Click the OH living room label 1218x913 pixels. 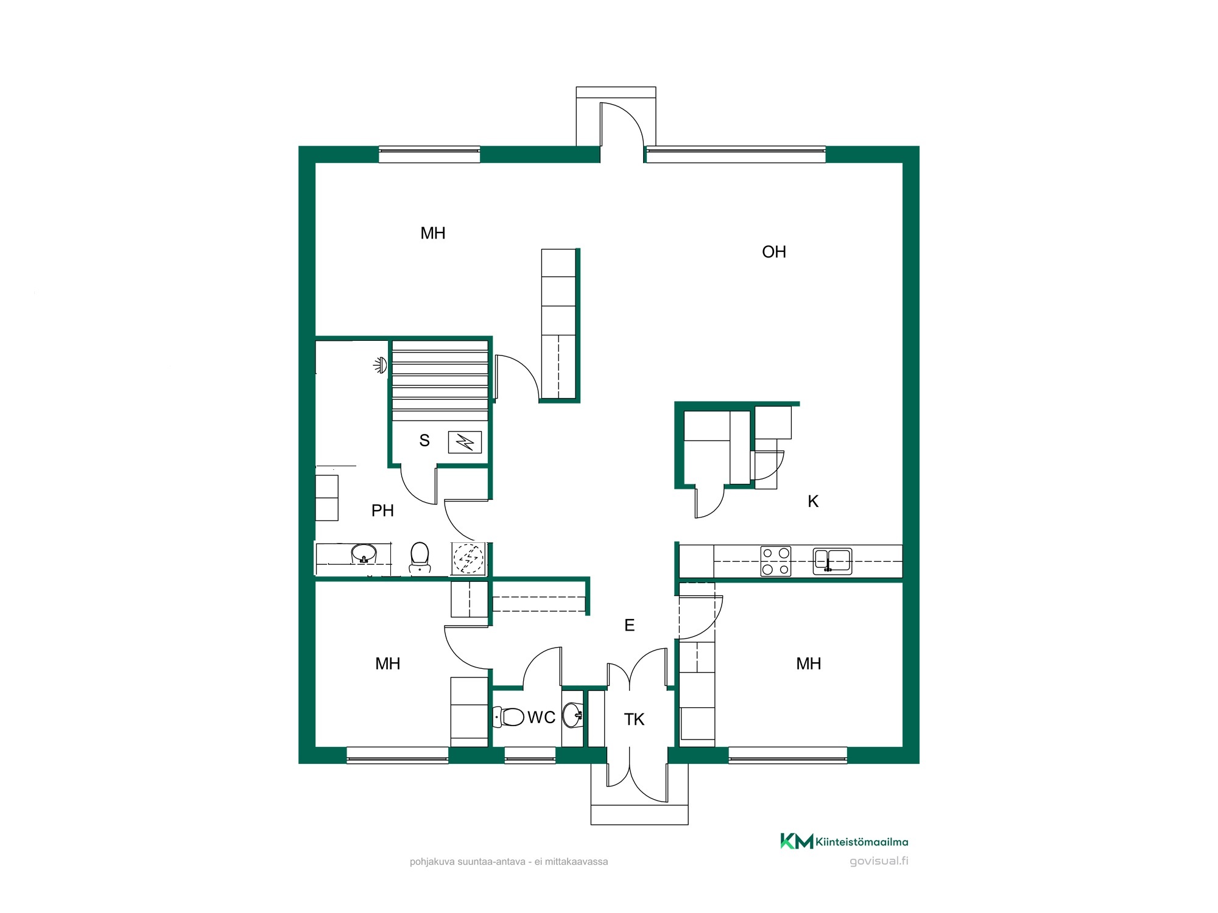point(774,252)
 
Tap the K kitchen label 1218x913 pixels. point(813,502)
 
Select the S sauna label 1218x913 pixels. point(424,441)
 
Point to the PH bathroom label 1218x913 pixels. point(382,511)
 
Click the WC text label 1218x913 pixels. point(541,718)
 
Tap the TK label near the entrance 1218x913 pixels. point(634,719)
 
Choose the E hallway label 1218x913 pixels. point(630,625)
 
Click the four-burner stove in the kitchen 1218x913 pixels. point(776,561)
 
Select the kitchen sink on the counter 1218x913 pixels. point(833,561)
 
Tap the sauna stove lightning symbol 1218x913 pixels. point(465,442)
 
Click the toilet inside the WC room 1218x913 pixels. point(509,717)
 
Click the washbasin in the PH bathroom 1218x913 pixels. point(364,554)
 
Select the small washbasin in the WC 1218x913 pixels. point(572,715)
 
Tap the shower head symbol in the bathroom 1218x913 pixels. point(381,365)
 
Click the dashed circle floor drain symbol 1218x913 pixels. point(468,558)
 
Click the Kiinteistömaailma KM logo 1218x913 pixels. point(844,841)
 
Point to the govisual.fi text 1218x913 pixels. point(879,861)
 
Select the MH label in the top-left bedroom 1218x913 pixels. point(433,233)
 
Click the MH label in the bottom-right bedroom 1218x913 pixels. point(809,663)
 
